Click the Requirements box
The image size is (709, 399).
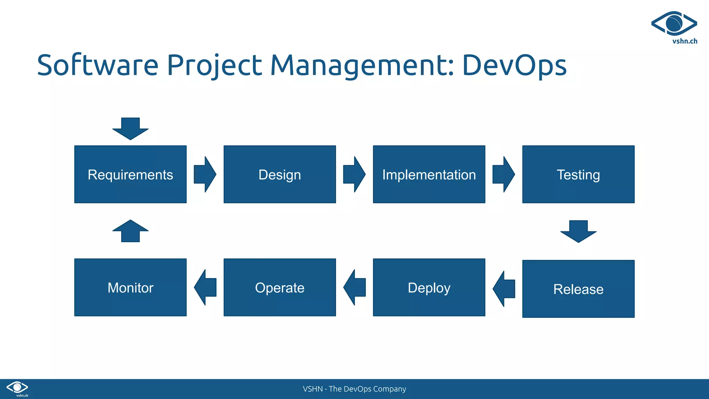point(130,174)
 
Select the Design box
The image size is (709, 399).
point(279,174)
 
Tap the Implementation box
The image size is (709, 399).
point(429,174)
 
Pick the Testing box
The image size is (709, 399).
point(578,174)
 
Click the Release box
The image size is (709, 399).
point(578,289)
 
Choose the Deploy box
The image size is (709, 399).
point(429,287)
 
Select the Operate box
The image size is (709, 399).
point(279,287)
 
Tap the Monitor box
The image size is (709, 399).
point(130,287)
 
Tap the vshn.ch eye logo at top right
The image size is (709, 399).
point(674,24)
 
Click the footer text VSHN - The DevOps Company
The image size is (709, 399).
point(354,389)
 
